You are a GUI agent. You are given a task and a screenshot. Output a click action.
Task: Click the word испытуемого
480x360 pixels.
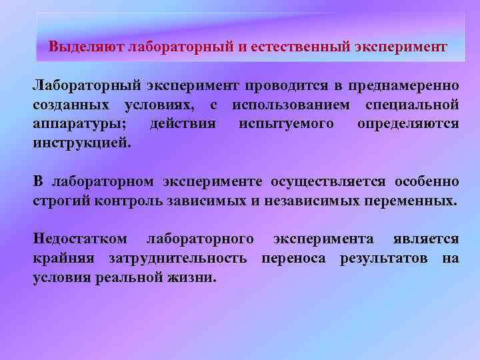(287, 125)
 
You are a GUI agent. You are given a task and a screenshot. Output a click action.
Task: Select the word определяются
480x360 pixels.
(408, 125)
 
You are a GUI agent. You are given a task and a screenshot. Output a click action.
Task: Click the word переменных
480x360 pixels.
(414, 201)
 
